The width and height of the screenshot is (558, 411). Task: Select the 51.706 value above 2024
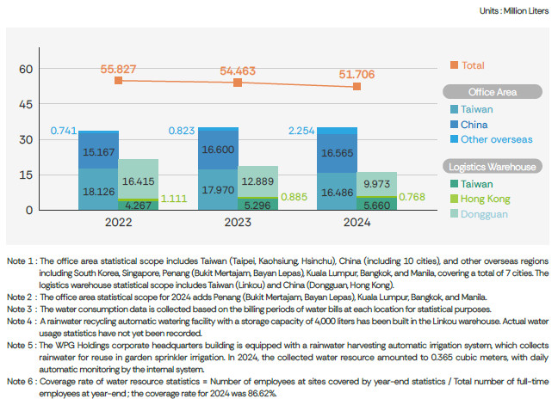pyautogui.click(x=355, y=75)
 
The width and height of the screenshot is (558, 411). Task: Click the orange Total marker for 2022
pyautogui.click(x=119, y=81)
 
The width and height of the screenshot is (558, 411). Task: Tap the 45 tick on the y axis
pyautogui.click(x=25, y=104)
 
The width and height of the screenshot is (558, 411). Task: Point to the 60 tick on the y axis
pyautogui.click(x=25, y=69)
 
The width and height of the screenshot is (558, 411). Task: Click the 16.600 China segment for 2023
pyautogui.click(x=218, y=149)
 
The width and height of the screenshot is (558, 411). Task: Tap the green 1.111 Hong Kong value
pyautogui.click(x=175, y=198)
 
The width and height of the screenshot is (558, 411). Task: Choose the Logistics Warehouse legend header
pyautogui.click(x=492, y=167)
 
